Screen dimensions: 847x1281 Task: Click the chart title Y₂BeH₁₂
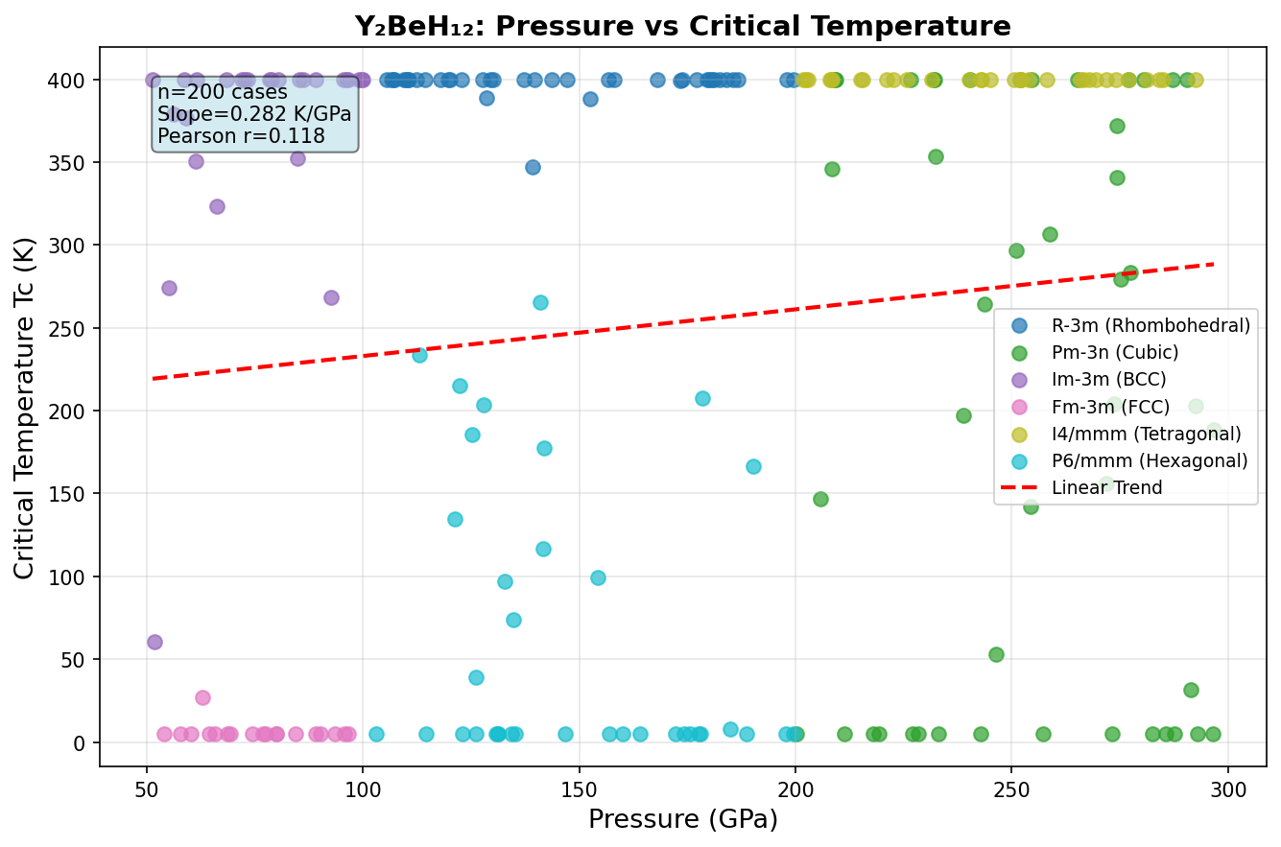pyautogui.click(x=682, y=26)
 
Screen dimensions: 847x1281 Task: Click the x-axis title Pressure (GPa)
pyautogui.click(x=682, y=819)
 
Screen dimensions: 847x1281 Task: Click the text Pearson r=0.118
pyautogui.click(x=241, y=136)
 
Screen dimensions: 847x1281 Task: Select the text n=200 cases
pyautogui.click(x=223, y=93)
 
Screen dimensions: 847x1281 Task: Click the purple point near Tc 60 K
pyautogui.click(x=154, y=642)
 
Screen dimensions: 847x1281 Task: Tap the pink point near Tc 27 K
pyautogui.click(x=202, y=697)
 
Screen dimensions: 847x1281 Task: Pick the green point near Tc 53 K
pyautogui.click(x=996, y=654)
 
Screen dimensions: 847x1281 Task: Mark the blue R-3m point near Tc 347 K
pyautogui.click(x=533, y=167)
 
